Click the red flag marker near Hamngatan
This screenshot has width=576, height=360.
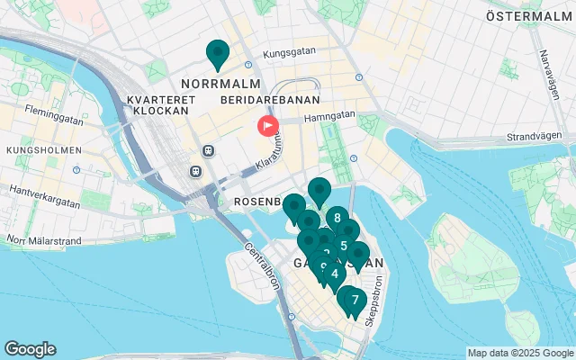[x=268, y=126]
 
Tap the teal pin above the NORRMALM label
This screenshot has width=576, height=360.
[x=217, y=54]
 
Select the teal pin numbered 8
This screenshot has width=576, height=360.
[x=337, y=218]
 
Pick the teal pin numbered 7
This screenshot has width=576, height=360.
[x=355, y=300]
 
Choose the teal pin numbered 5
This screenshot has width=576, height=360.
[x=345, y=246]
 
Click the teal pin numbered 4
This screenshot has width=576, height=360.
[x=335, y=274]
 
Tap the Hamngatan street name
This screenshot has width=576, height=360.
[x=330, y=115]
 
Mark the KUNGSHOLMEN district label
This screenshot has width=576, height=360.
[x=42, y=150]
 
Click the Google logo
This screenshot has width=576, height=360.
[x=30, y=349]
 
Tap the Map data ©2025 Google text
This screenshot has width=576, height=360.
[x=520, y=353]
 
